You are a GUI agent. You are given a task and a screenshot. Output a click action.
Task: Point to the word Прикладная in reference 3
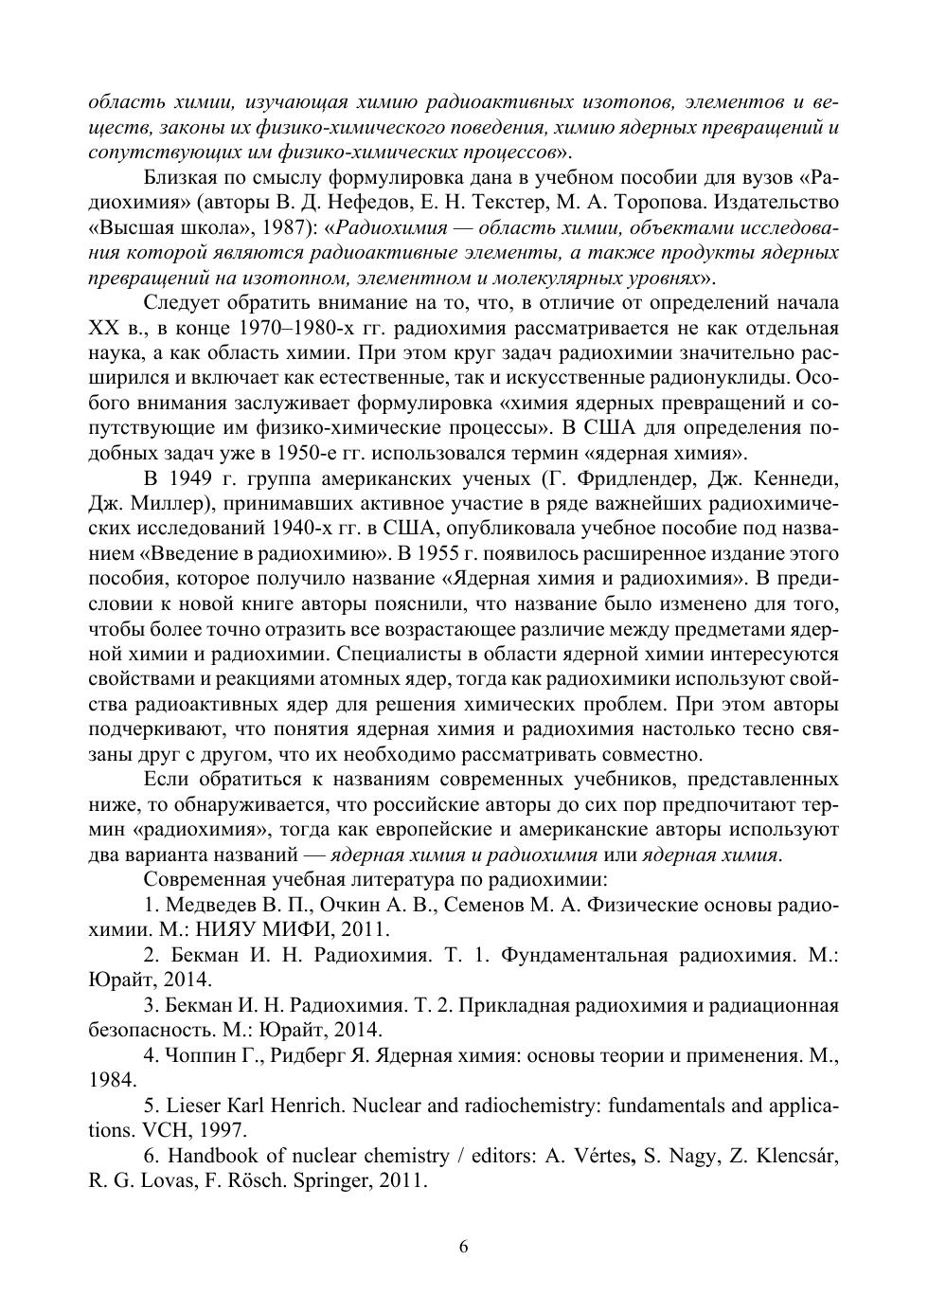pos(514,1005)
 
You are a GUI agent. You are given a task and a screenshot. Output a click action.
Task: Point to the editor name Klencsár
pos(794,1156)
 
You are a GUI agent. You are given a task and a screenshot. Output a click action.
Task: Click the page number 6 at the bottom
pos(463,1247)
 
